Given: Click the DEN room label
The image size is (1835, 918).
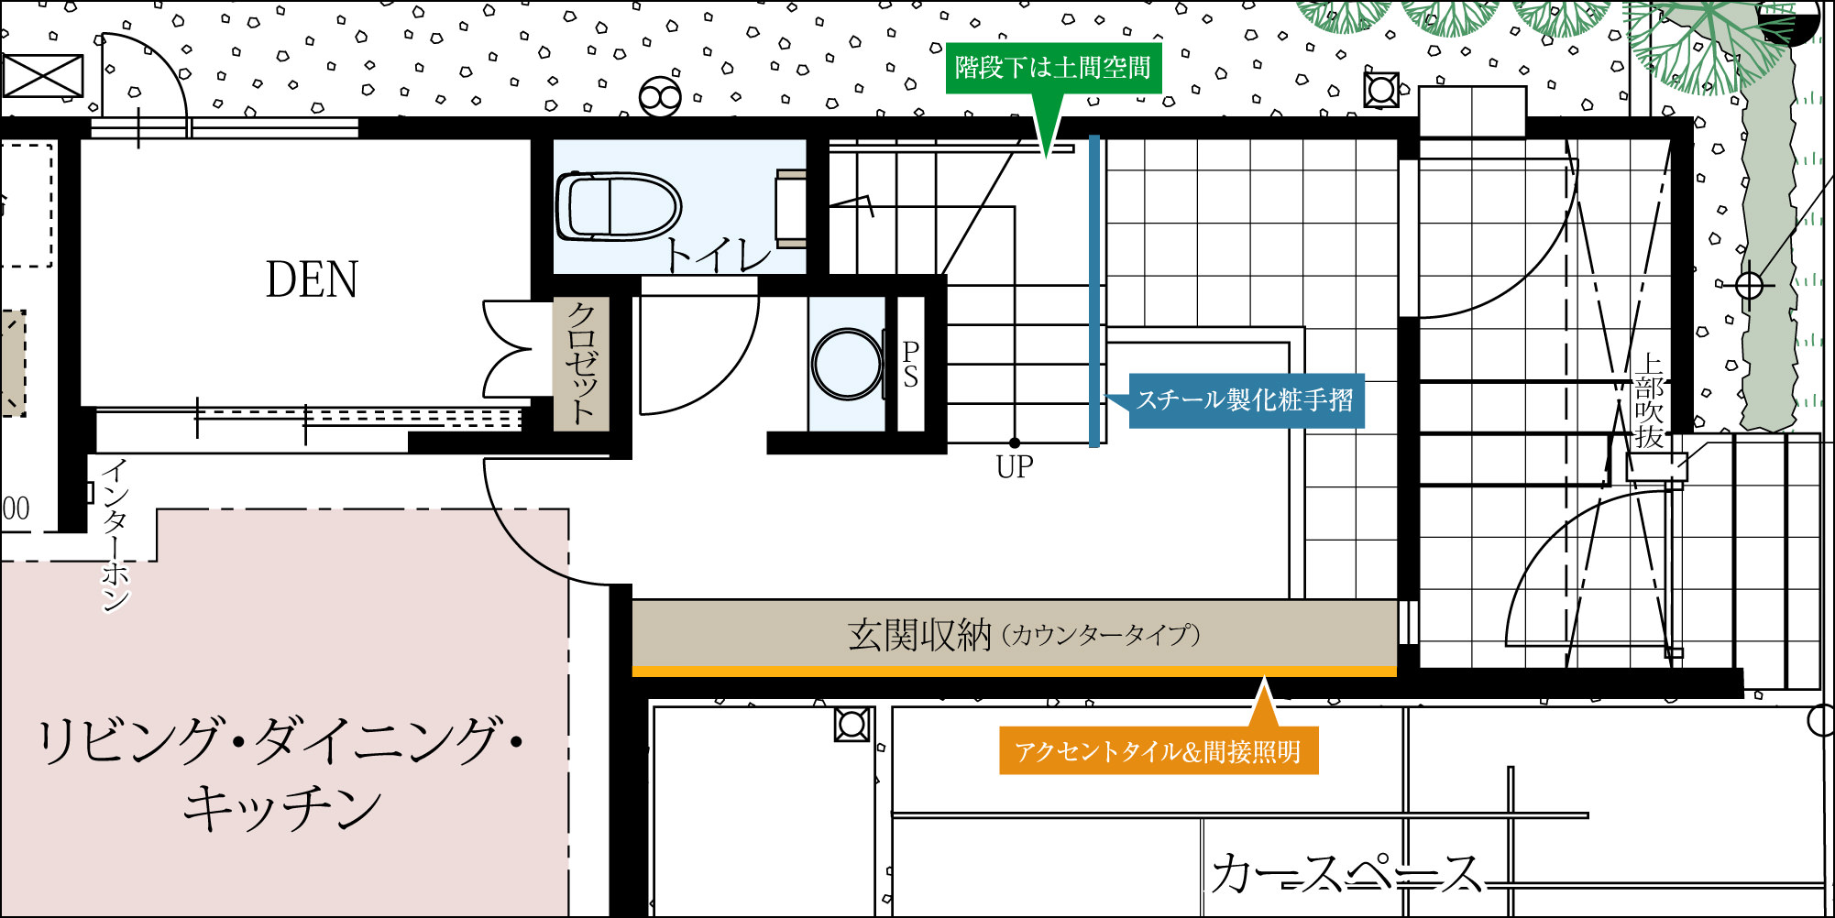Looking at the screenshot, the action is point(312,279).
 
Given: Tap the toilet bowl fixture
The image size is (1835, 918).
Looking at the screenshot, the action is point(618,206).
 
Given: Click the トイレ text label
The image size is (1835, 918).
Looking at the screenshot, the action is point(718,255).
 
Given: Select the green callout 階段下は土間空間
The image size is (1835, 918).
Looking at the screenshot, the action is point(1053,68).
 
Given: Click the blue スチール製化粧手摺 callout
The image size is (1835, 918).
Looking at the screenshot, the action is point(1246,400).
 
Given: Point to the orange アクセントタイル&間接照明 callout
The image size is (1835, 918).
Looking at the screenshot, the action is point(1159,751).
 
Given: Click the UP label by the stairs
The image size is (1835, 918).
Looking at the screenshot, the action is point(1015,467).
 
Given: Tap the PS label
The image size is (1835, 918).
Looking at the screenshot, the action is point(910,365).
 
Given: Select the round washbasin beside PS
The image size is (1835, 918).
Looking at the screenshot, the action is point(848,364).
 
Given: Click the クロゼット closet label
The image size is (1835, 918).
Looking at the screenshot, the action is point(581,363).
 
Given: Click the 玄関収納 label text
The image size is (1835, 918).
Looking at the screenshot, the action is point(919,634).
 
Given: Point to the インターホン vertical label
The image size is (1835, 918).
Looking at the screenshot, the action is point(115,535).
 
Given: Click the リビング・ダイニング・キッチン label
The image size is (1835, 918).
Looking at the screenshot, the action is point(280,774).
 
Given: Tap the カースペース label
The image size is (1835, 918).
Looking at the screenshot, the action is point(1346,873).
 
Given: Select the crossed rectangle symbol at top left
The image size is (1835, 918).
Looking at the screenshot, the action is point(43,75).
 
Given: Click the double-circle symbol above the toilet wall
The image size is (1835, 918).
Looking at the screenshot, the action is point(660,96).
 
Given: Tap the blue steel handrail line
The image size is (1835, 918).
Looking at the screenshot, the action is point(1093,291).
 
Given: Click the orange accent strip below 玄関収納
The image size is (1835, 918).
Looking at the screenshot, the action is point(1015,672).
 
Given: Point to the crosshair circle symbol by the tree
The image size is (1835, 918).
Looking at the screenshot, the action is point(1749,286).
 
